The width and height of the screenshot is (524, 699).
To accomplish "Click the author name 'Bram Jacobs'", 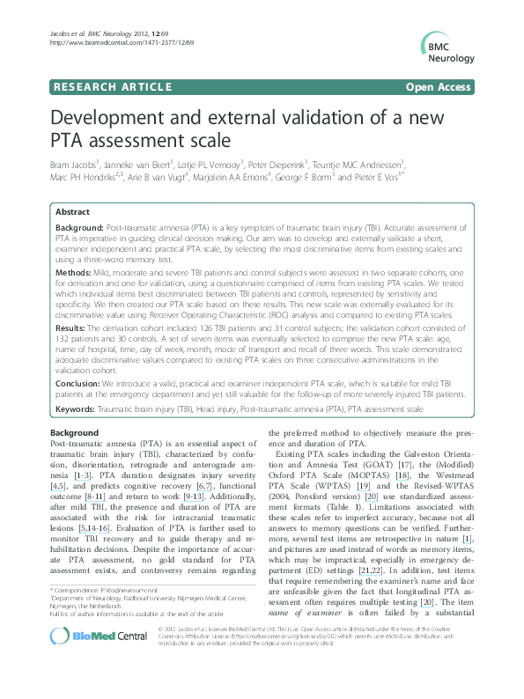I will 74,163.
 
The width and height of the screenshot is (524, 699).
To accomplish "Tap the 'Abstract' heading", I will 72,212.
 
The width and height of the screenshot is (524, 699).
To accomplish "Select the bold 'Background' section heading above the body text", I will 75,433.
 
